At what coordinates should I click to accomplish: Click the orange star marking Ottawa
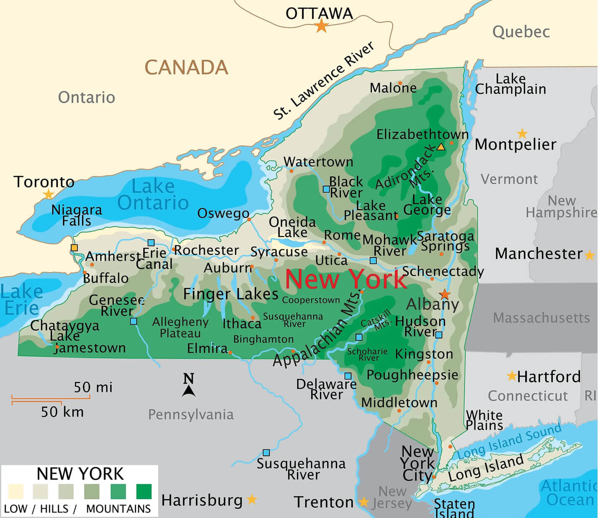pyautogui.click(x=321, y=26)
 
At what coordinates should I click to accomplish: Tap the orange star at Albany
pyautogui.click(x=445, y=294)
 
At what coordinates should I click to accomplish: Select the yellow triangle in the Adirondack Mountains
pyautogui.click(x=441, y=147)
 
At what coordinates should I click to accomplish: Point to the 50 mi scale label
pyautogui.click(x=93, y=387)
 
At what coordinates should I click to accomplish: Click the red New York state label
pyautogui.click(x=345, y=279)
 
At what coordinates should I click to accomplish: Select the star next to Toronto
pyautogui.click(x=49, y=194)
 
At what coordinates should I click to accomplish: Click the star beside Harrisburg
pyautogui.click(x=252, y=499)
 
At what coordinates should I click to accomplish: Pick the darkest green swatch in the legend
pyautogui.click(x=144, y=491)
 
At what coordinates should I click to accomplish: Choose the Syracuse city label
pyautogui.click(x=279, y=252)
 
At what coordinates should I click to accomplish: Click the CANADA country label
pyautogui.click(x=186, y=67)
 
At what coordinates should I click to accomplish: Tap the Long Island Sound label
pyautogui.click(x=508, y=441)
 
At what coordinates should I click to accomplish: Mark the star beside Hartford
pyautogui.click(x=511, y=376)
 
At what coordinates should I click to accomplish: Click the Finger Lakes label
pyautogui.click(x=231, y=294)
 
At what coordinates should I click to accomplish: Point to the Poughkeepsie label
pyautogui.click(x=412, y=375)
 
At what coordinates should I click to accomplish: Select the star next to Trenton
pyautogui.click(x=363, y=502)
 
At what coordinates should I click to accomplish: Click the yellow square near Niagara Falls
pyautogui.click(x=74, y=248)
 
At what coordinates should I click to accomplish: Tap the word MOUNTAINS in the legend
pyautogui.click(x=118, y=509)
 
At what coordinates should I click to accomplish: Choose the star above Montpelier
pyautogui.click(x=522, y=134)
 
